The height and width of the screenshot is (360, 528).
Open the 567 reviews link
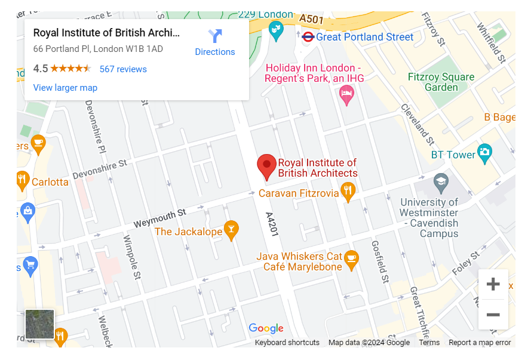coord(123,69)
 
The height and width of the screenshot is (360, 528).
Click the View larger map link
coord(65,88)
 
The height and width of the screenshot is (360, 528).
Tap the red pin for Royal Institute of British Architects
coord(266,166)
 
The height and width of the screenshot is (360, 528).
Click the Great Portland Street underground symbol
coord(308,37)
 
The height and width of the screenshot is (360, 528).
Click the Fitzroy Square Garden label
coord(441,82)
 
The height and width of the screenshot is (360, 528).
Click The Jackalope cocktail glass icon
coord(231,229)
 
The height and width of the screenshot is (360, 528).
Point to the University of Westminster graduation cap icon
coord(441,182)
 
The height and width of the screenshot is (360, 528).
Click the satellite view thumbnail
coord(39,324)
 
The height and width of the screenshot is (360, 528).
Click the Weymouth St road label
coord(159,217)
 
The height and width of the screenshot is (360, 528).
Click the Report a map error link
coord(480,343)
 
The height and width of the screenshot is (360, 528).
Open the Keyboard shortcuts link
coord(287,343)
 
